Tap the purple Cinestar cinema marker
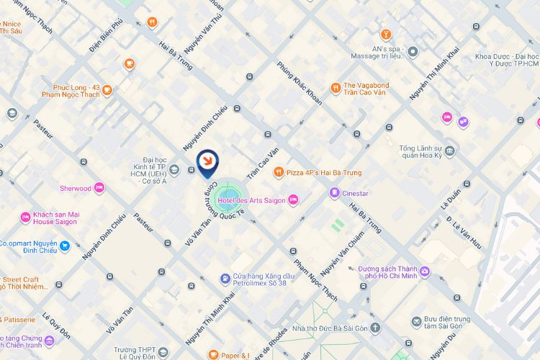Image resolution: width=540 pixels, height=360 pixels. (334, 192)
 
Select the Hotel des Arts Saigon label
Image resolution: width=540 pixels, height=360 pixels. (252, 199)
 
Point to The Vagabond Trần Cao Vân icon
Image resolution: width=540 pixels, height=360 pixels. (336, 89)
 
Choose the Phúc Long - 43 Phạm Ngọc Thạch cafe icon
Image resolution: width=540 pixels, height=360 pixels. (107, 91)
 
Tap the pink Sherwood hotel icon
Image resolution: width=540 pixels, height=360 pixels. (99, 189)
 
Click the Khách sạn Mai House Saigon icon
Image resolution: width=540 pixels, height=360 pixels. (26, 216)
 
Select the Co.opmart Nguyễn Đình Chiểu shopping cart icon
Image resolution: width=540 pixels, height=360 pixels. (65, 246)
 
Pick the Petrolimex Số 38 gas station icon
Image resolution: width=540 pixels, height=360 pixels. (226, 277)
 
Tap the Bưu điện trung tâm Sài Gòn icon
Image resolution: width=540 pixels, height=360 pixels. (416, 321)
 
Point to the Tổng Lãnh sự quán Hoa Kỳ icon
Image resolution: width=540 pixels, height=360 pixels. (450, 150)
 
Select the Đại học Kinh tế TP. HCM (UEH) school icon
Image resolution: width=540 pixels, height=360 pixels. (174, 170)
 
